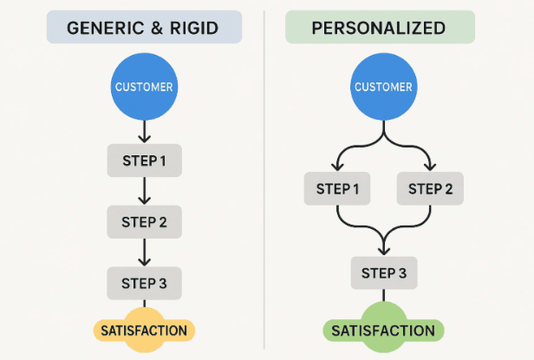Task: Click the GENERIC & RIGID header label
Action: (x=145, y=28)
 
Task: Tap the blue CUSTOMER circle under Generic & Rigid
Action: (x=145, y=87)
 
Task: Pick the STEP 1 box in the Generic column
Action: (x=145, y=160)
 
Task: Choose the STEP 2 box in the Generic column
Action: (x=145, y=221)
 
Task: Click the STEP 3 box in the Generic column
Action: (x=145, y=283)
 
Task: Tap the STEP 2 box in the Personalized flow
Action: (x=430, y=188)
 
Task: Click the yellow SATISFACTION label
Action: (x=145, y=331)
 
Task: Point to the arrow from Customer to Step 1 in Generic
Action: (x=145, y=131)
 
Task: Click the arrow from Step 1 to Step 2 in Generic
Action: (x=145, y=191)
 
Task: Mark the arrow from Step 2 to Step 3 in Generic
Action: (x=145, y=252)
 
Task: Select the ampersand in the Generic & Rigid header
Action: (x=157, y=28)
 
